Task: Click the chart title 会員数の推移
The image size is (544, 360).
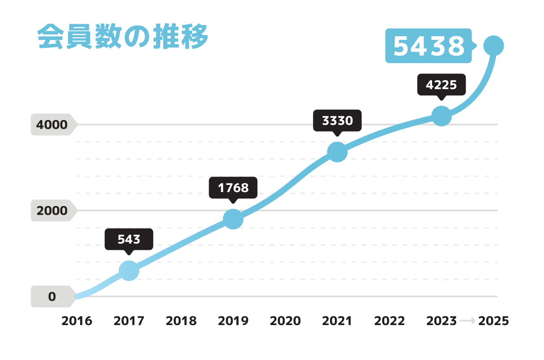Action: [122, 37]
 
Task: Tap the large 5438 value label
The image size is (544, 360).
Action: [428, 46]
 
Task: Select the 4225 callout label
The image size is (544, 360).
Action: [441, 85]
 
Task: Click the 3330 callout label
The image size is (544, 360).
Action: [337, 120]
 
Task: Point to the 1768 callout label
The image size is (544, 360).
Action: [233, 188]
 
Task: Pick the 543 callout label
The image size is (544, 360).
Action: [129, 239]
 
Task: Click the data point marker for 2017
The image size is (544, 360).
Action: [129, 271]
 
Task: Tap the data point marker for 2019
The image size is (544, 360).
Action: [233, 219]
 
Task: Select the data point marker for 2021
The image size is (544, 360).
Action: [337, 152]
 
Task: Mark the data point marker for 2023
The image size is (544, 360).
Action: [441, 116]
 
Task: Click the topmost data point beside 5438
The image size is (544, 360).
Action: [494, 45]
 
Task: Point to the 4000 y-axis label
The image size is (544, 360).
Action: [52, 125]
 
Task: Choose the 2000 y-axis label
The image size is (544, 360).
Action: [52, 210]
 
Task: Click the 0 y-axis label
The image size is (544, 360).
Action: [52, 296]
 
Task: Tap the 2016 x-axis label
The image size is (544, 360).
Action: [77, 321]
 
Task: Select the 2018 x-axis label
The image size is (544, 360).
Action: [181, 321]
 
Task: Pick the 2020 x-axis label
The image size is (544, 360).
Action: [285, 321]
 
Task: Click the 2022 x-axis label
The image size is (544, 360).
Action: [389, 321]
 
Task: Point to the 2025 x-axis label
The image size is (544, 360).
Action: [493, 321]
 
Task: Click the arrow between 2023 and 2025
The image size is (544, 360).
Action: [467, 321]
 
